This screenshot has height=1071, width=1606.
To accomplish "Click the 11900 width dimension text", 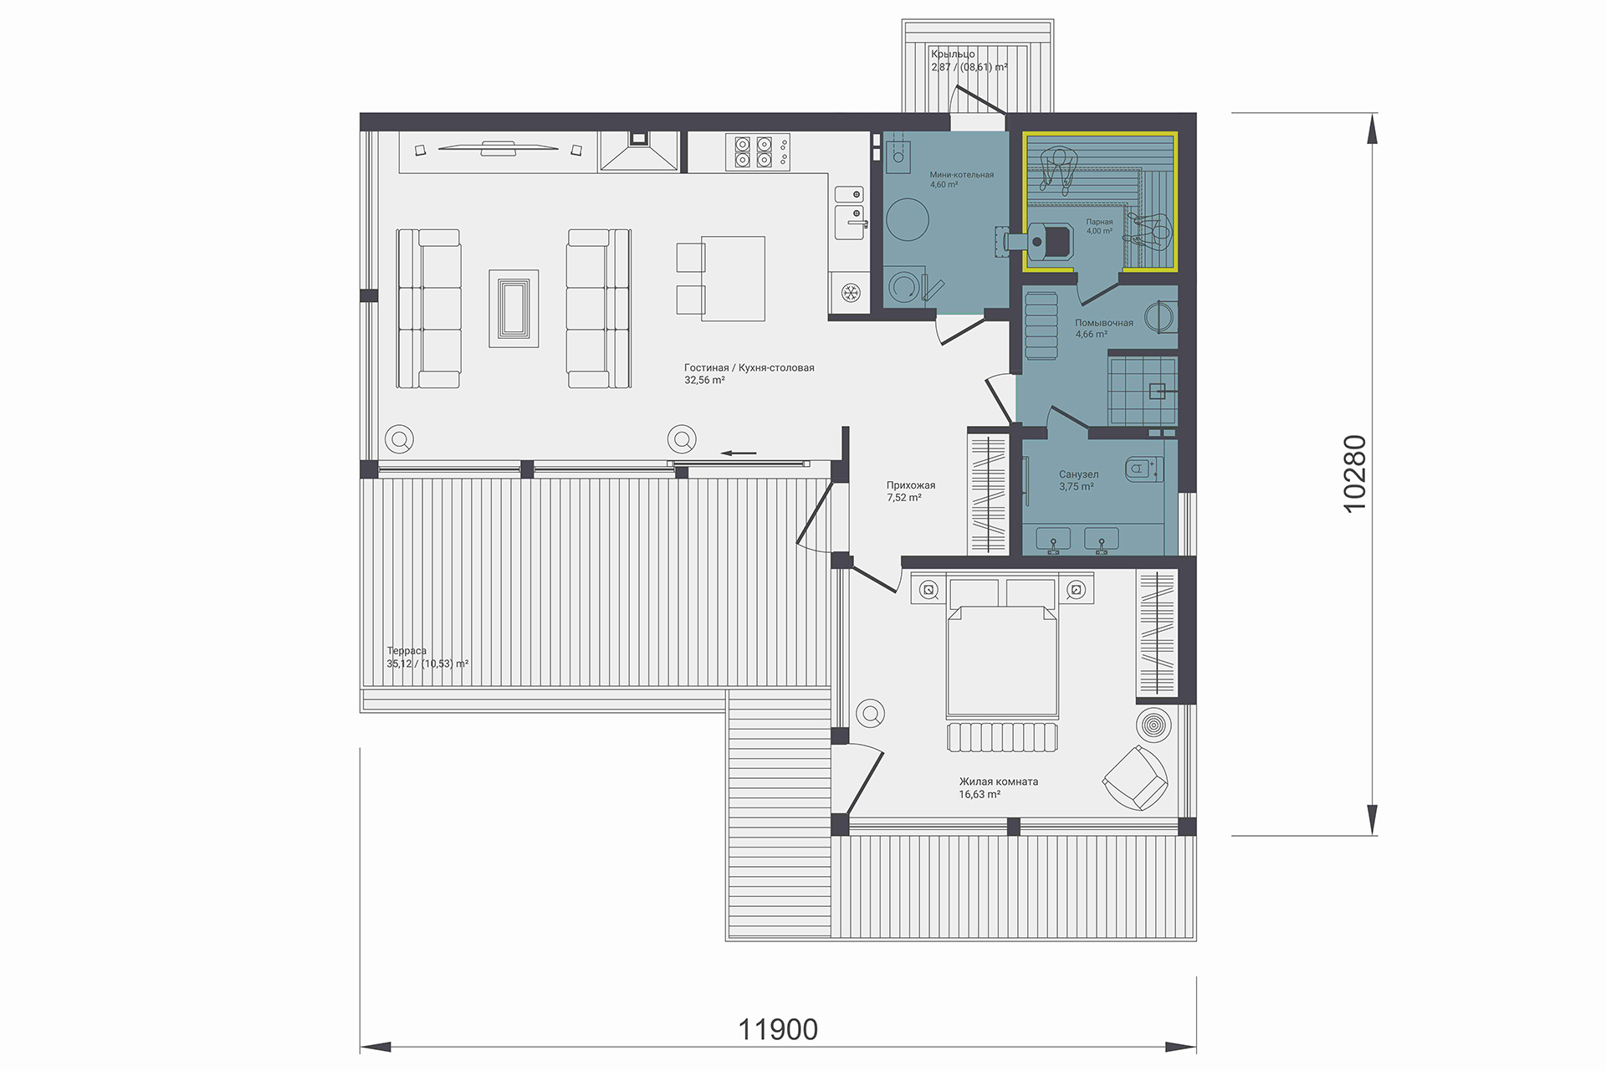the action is point(778,1029).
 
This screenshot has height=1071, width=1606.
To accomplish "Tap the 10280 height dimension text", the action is point(1353,474).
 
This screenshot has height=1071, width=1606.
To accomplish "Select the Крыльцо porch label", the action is point(953,54).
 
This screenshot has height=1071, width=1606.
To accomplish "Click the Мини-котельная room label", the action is point(962,175).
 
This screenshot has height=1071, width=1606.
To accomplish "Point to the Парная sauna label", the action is point(1099,223).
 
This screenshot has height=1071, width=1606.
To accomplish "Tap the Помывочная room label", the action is point(1104,323).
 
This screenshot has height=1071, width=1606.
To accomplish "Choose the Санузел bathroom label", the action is point(1079,474).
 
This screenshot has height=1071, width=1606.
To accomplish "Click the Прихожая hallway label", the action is point(911,485).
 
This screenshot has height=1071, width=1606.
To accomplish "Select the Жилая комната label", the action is point(999,781).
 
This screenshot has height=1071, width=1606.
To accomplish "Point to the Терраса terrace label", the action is point(407,651).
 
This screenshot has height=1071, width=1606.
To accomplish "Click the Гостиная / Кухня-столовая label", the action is point(749,367).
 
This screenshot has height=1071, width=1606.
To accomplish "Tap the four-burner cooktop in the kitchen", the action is point(753,152).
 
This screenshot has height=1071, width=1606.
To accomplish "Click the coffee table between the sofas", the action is point(514,308).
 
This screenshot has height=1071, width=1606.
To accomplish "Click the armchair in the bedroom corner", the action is point(1135,778).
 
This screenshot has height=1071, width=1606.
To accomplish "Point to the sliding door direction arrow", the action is point(739,454).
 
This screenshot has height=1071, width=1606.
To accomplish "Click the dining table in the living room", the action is point(733,279).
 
